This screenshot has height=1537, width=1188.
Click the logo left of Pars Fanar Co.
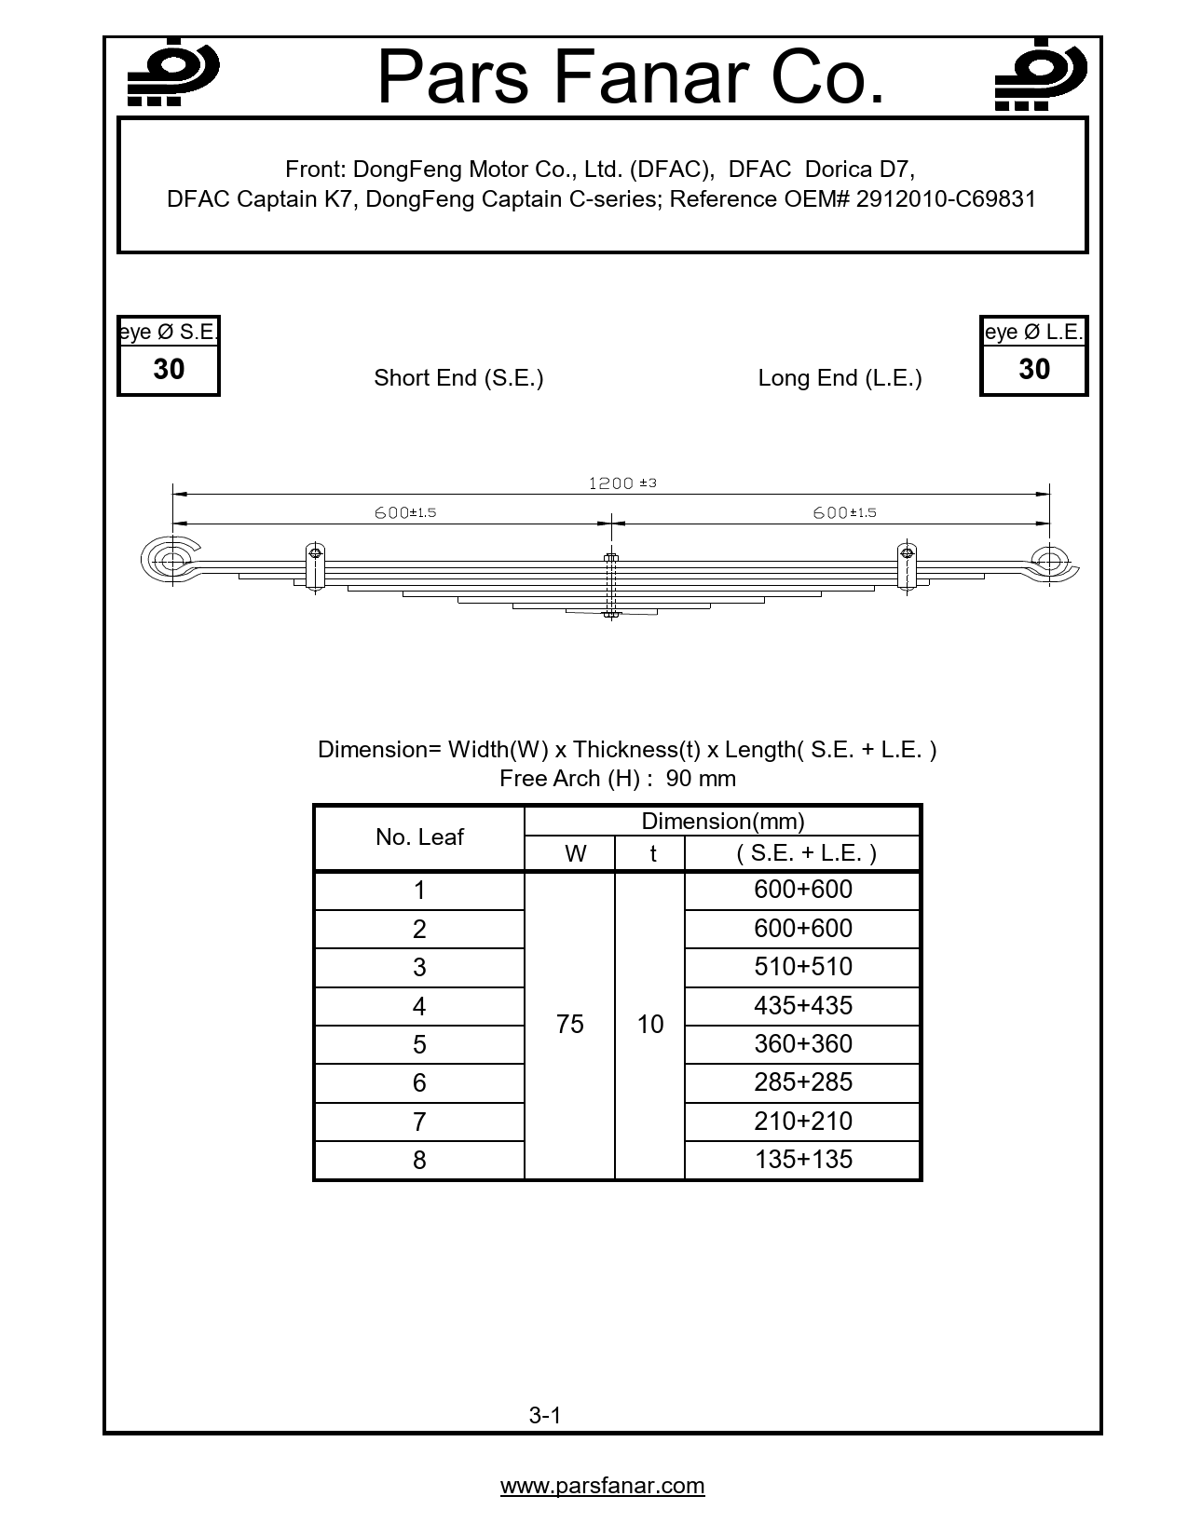coord(172,75)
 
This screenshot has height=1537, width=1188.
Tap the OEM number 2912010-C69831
coord(946,198)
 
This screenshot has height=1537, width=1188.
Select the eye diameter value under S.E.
coord(169,370)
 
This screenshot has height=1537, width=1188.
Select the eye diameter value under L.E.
coord(1034,370)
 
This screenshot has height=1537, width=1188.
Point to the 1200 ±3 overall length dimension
coord(622,483)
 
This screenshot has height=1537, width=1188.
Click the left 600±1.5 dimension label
coord(405,512)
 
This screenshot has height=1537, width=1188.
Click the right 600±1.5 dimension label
coord(844,512)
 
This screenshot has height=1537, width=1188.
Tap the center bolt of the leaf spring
coord(611,584)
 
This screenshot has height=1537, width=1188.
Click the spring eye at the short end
coord(173,561)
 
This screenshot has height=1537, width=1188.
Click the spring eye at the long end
coord(1049,562)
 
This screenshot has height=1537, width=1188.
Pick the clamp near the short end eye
coord(315,565)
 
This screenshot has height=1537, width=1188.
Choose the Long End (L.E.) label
coord(840,378)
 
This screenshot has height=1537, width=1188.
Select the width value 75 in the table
coord(569,1025)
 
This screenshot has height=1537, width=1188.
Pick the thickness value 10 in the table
coord(650,1025)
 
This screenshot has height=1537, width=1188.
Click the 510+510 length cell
coord(803,967)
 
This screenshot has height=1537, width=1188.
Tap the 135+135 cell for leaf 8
coord(803,1160)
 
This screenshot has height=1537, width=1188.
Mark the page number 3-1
coord(545,1416)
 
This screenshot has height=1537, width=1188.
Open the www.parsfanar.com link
coord(602,1486)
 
